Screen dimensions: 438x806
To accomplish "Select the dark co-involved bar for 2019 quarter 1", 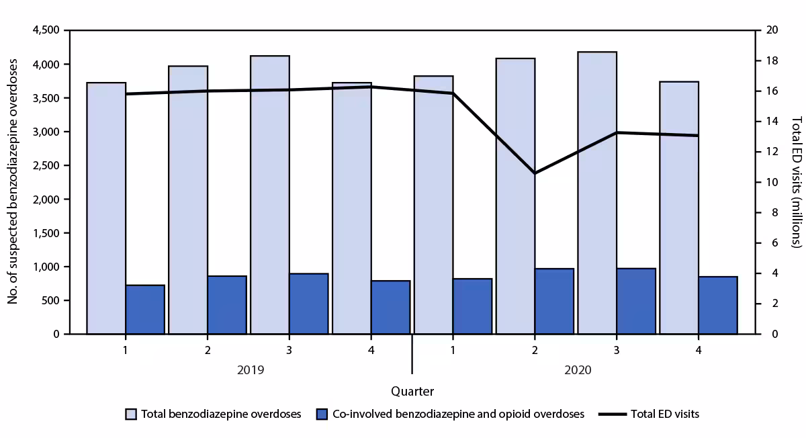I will pos(145,310).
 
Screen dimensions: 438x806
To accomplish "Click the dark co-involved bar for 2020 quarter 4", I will pos(718,306).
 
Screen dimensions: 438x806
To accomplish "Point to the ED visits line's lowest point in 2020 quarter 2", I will pos(535,173).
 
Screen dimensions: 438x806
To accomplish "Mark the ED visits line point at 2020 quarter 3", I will pos(617,132).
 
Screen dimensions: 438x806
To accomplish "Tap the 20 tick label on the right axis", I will pos(768,31).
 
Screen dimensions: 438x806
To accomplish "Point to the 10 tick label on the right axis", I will pos(768,183).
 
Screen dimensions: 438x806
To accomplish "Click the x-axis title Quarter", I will pos(412,391).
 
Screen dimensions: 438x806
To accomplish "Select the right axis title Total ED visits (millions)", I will pos(796,182).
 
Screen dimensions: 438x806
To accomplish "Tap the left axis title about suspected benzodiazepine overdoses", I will pos(13,182).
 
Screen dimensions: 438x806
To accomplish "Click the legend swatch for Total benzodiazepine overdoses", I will pos(131,414).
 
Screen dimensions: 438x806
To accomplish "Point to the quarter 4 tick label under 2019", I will pos(371,350).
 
